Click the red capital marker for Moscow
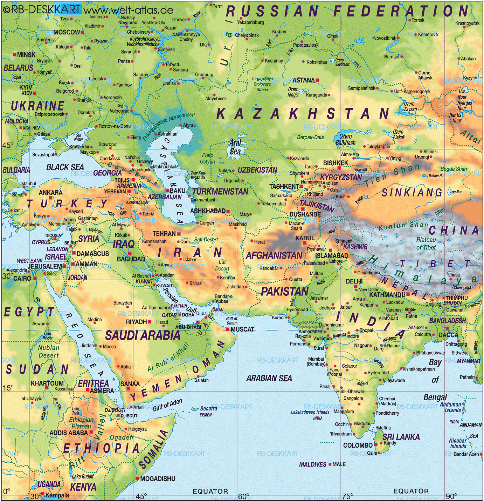pos(83,32)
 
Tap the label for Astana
pos(303,80)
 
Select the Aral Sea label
pos(235,147)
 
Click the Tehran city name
pos(164,234)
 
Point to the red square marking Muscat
pos(228,329)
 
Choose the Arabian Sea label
pos(269,378)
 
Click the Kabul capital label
pos(305,238)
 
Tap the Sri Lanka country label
pos(401,437)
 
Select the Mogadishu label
pos(158,479)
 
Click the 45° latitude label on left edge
pos(7,145)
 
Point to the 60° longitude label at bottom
pos(243,496)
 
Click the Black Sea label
pos(65,167)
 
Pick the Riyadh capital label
pos(136,322)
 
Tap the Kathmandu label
pos(387,295)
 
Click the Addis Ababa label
pos(69,433)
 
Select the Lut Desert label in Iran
pos(222,265)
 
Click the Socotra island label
pos(208,408)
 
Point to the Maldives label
pos(312,464)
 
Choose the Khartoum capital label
pos(47,383)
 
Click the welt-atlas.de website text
pos(128,10)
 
